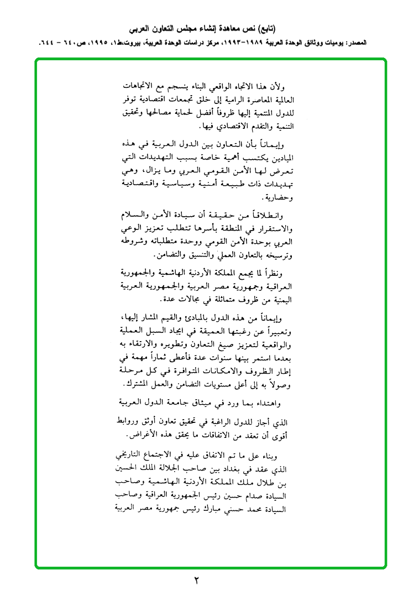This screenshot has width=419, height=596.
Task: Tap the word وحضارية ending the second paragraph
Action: coord(276,197)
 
